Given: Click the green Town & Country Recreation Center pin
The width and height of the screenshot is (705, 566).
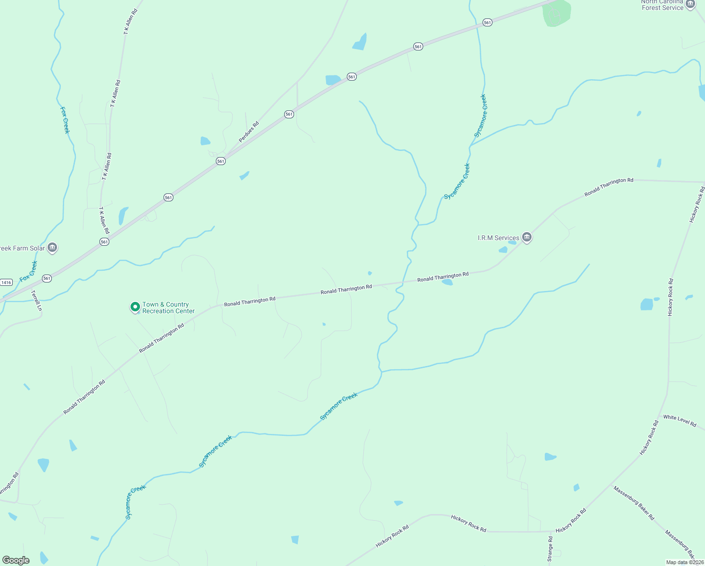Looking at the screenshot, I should click(135, 307).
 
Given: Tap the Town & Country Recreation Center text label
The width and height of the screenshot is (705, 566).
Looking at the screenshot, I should click(168, 308).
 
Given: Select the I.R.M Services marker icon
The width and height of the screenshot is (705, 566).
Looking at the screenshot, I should click(527, 238).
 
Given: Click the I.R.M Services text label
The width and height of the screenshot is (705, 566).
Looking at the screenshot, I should click(498, 238).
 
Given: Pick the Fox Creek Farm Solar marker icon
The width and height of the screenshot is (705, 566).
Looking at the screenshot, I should click(52, 248).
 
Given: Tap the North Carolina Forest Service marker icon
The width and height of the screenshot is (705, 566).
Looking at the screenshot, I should click(690, 4).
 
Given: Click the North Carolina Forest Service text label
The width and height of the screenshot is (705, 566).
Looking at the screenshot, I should click(662, 5).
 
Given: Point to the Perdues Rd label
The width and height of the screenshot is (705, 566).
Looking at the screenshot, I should click(249, 132).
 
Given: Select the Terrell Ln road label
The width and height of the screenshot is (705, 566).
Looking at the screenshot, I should click(37, 300).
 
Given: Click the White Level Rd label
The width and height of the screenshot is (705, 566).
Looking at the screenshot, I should click(680, 421).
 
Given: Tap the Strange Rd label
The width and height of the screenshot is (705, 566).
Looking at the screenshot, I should click(550, 549).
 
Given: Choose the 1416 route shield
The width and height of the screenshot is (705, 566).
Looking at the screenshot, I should click(6, 283).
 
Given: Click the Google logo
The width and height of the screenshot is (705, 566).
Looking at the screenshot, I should click(16, 560).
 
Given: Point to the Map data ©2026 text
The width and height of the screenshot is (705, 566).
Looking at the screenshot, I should click(685, 562).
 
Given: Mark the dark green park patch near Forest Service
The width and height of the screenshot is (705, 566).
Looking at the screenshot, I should click(557, 13).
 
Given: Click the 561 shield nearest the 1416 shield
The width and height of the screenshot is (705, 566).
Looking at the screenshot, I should click(47, 278).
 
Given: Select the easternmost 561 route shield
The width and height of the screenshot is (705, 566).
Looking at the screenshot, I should click(487, 23).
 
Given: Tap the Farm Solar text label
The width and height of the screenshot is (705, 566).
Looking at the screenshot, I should click(22, 248).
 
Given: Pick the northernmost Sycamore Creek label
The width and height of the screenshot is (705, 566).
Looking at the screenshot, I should click(480, 116).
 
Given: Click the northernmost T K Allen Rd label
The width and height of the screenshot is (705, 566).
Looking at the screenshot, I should click(131, 21).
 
